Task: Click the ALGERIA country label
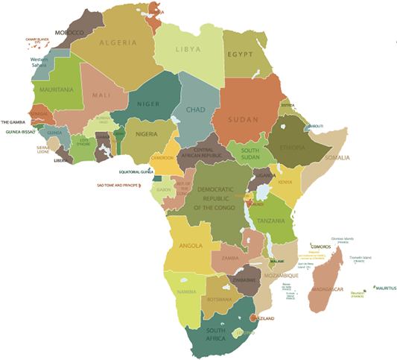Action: (118, 42)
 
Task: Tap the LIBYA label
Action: (188, 49)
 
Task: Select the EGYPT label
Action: (241, 55)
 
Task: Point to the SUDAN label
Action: (243, 119)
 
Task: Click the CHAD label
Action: (195, 110)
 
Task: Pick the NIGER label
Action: (148, 104)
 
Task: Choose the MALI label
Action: (101, 95)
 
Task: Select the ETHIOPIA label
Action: (293, 148)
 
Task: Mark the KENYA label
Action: (285, 183)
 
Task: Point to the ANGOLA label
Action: (191, 245)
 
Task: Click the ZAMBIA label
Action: (229, 258)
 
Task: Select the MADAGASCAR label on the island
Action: (326, 290)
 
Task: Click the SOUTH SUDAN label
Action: (250, 154)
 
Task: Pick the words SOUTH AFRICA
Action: (216, 334)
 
